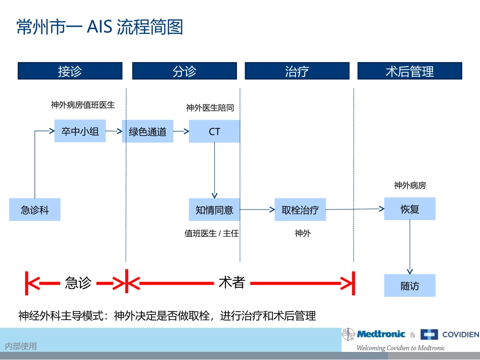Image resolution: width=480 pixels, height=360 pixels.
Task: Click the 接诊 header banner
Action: click(70, 71)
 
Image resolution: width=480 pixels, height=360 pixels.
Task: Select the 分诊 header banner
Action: click(184, 71)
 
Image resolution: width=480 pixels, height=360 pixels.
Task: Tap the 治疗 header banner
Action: click(297, 71)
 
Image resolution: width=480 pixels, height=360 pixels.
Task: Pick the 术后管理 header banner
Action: click(409, 71)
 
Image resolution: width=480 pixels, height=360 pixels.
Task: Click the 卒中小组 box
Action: click(80, 131)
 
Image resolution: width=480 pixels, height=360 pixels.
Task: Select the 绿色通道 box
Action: click(148, 132)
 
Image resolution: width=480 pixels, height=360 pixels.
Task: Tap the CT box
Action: click(214, 131)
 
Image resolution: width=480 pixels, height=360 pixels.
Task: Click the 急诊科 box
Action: click(35, 210)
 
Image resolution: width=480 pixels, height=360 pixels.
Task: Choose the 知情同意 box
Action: click(214, 210)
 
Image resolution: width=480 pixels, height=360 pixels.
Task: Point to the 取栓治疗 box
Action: click(300, 210)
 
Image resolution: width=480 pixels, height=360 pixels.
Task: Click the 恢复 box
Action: click(409, 209)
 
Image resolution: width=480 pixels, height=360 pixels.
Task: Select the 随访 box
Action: click(409, 286)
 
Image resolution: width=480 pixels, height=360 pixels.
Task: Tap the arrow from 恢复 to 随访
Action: click(409, 247)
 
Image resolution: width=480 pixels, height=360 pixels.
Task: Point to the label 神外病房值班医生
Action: click(83, 105)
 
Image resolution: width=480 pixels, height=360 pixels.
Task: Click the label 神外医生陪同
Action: click(210, 108)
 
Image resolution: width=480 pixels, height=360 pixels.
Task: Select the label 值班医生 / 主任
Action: click(212, 233)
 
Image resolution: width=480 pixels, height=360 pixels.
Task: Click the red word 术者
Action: click(231, 283)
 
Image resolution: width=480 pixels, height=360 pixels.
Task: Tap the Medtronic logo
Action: click(375, 334)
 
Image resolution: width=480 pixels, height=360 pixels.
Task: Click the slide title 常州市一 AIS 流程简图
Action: click(100, 27)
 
